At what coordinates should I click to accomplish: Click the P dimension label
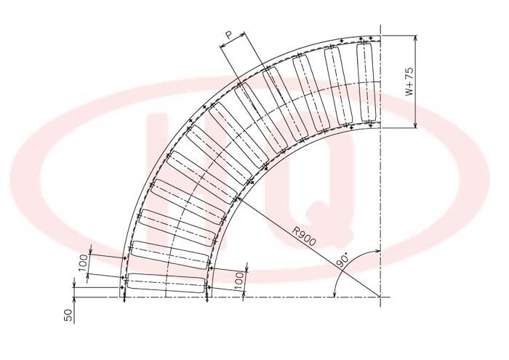pyautogui.click(x=229, y=35)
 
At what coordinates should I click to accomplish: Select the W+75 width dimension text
pyautogui.click(x=409, y=81)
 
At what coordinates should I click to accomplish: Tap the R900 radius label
pyautogui.click(x=304, y=236)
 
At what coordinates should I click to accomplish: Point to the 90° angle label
pyautogui.click(x=342, y=260)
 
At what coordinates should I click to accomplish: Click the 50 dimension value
pyautogui.click(x=68, y=315)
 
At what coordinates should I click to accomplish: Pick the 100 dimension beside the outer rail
pyautogui.click(x=83, y=263)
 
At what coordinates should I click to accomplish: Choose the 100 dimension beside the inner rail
pyautogui.click(x=239, y=281)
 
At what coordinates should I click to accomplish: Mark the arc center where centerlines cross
pyautogui.click(x=380, y=297)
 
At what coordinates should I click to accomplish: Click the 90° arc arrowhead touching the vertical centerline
pyautogui.click(x=377, y=251)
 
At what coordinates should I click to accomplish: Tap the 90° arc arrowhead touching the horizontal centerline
pyautogui.click(x=334, y=294)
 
